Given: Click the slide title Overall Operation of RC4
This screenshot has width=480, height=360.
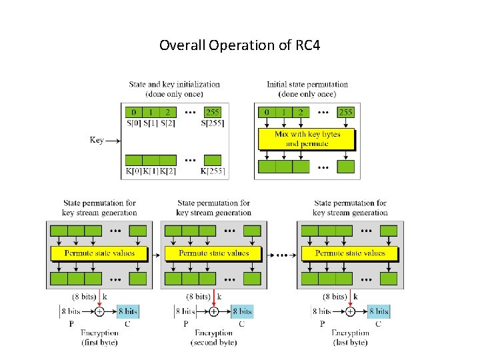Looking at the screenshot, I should pyautogui.click(x=239, y=46).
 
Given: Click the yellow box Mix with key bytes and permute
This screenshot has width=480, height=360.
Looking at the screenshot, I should pyautogui.click(x=307, y=139).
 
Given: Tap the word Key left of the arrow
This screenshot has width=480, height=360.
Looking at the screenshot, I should pyautogui.click(x=97, y=140).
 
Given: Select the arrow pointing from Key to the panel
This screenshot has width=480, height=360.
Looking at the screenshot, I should pyautogui.click(x=113, y=141).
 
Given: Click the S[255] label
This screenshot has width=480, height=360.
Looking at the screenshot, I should pyautogui.click(x=212, y=123).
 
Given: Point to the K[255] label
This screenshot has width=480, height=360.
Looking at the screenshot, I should pyautogui.click(x=213, y=171).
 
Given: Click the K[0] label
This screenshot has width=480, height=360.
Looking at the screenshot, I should pyautogui.click(x=133, y=171).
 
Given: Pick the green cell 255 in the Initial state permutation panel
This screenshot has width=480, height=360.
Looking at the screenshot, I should pyautogui.click(x=345, y=111).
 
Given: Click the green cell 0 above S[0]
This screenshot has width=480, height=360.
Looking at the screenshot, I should pyautogui.click(x=133, y=111).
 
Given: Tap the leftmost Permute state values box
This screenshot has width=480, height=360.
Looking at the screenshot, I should pyautogui.click(x=99, y=253).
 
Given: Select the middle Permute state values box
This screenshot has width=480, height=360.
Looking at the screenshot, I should pyautogui.click(x=214, y=253).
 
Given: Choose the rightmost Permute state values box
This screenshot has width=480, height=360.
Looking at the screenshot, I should pyautogui.click(x=350, y=253).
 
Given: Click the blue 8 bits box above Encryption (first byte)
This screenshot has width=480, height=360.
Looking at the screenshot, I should pyautogui.click(x=127, y=311).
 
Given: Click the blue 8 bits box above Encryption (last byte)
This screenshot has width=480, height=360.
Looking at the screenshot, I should pyautogui.click(x=378, y=311).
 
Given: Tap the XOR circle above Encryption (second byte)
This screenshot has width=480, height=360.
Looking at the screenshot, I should pyautogui.click(x=214, y=311).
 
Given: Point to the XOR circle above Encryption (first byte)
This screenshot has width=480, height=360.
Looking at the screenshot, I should pyautogui.click(x=99, y=311).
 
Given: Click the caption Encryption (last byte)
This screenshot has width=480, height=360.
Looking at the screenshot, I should pyautogui.click(x=350, y=337).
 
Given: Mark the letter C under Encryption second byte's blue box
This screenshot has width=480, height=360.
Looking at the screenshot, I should pyautogui.click(x=241, y=324).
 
